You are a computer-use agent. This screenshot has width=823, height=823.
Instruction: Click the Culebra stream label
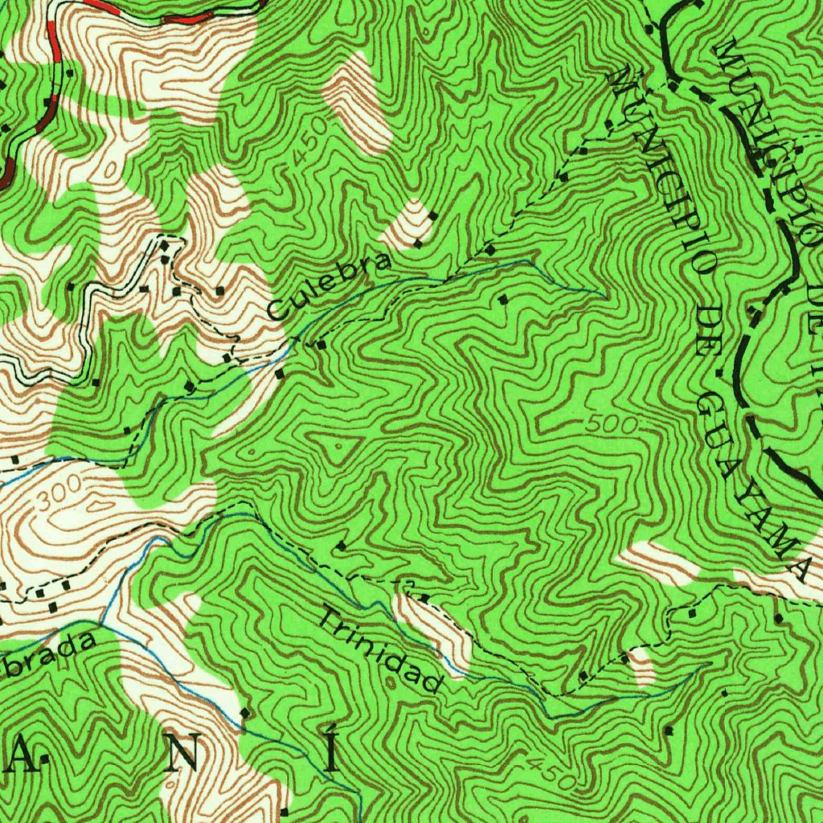pyautogui.click(x=330, y=285)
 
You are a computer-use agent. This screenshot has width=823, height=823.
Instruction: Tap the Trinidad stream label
pyautogui.click(x=382, y=650)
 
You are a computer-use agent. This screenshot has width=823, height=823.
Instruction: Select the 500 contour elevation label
pyautogui.click(x=617, y=424)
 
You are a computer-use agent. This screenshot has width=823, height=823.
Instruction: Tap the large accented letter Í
pyautogui.click(x=331, y=751)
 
